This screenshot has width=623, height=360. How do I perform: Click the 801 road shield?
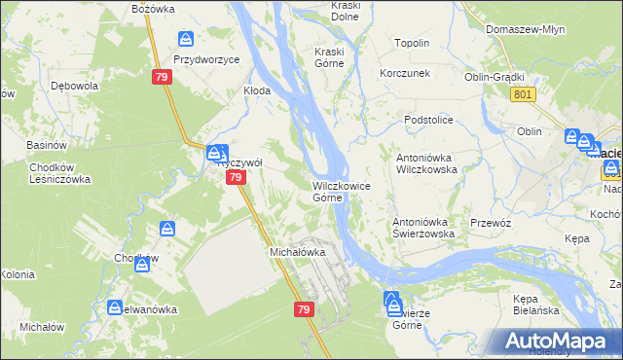click(x=522, y=93)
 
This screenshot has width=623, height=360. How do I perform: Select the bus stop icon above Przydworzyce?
click(x=187, y=40)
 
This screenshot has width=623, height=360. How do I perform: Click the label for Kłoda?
click(x=256, y=90)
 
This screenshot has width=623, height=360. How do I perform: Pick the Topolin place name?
click(x=412, y=44)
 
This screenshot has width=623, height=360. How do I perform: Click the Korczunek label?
click(x=406, y=73)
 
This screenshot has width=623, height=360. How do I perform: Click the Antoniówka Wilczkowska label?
click(x=425, y=162)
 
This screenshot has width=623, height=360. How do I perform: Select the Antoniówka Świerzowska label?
click(x=424, y=227)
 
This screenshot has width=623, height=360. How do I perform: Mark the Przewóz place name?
click(x=491, y=222)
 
